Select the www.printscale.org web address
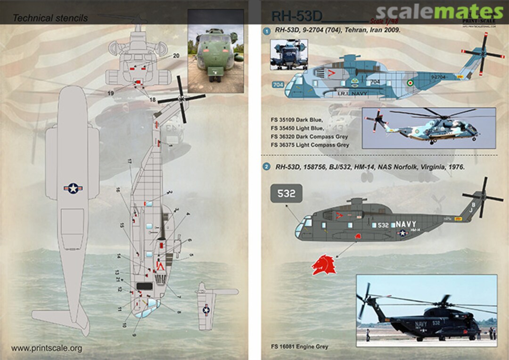pos(46,349)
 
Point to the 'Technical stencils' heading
pos(50,18)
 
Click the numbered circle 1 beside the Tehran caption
pos(266,30)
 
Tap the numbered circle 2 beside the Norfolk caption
pos(266,167)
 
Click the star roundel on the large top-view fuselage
pos(73,188)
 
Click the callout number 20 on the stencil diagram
pos(176,56)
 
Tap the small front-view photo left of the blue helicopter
pos(288,54)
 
